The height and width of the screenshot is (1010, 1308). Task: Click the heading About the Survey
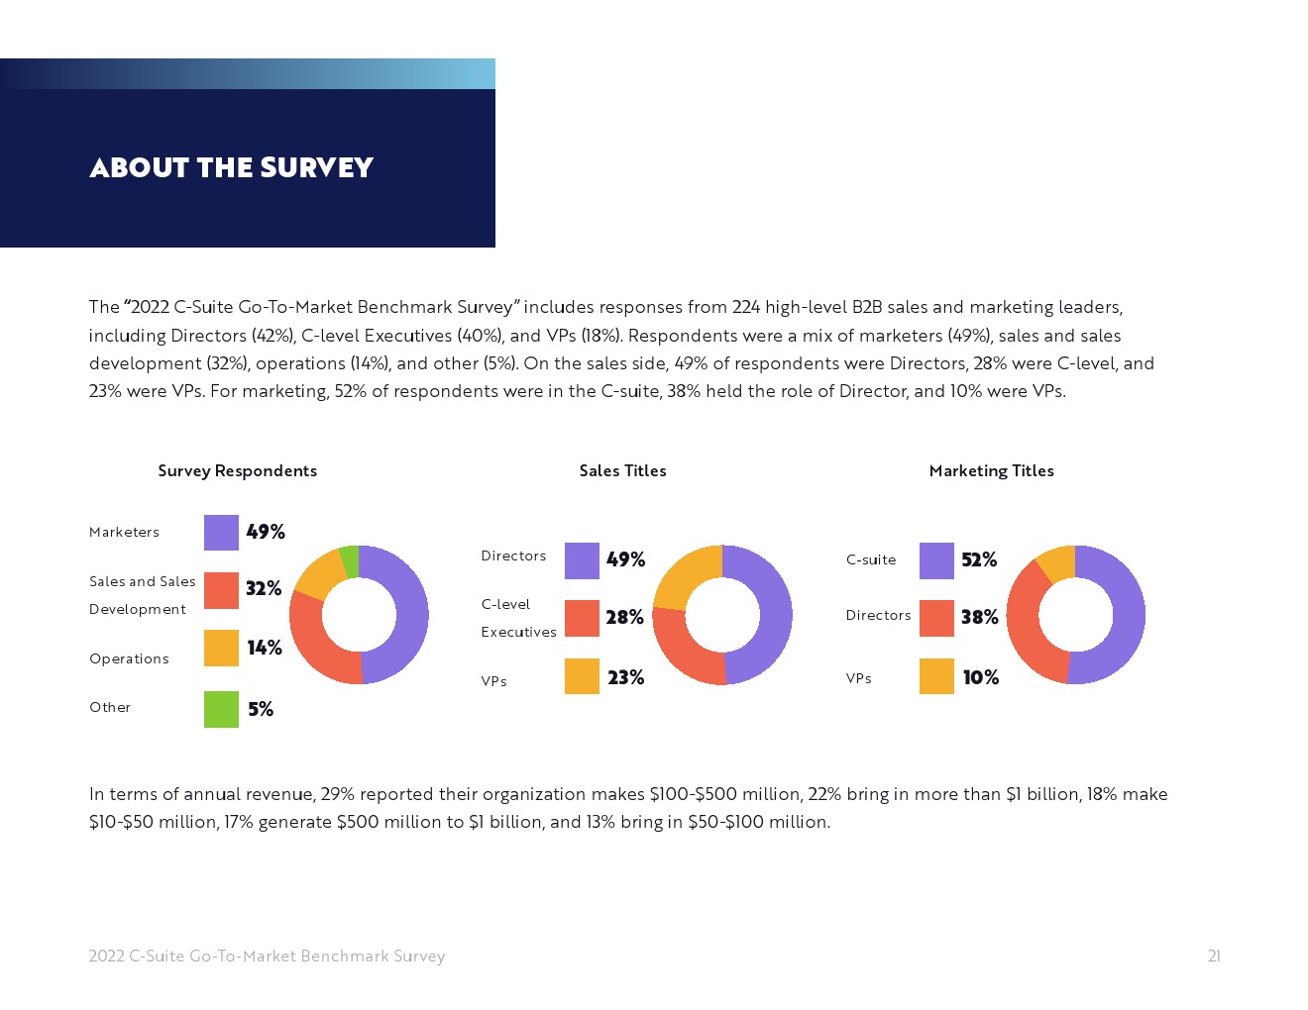coord(231,167)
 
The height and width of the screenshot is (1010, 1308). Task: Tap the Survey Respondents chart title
coord(238,471)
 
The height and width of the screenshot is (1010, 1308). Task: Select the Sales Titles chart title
coord(622,471)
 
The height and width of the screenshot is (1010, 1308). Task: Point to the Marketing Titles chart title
coord(991,471)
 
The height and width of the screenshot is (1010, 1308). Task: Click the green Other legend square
coord(221,709)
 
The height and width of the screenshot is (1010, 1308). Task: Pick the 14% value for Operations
coord(265,648)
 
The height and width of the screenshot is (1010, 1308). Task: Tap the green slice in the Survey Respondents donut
coord(349,560)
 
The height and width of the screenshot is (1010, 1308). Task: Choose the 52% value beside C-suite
coord(979,560)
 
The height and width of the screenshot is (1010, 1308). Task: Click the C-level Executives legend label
coord(518,618)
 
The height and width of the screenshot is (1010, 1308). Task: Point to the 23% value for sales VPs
coord(625,677)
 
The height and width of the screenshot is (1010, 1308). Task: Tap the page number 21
coord(1214,956)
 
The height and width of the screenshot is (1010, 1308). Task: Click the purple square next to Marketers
coord(221,533)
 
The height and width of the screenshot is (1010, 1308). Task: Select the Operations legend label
coord(129,658)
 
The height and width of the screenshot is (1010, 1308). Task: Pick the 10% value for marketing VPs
coord(980,677)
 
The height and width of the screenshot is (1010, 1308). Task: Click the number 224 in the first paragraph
coord(746,307)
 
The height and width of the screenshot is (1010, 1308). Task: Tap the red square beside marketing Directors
coord(936,618)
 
